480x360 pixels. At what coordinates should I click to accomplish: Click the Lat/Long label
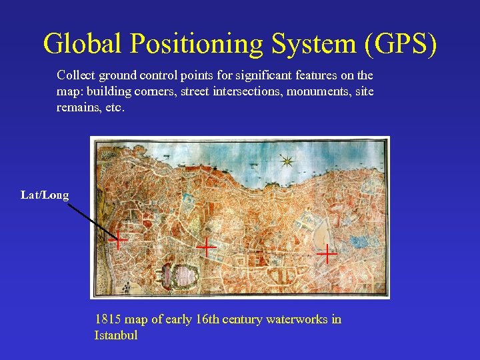pyautogui.click(x=45, y=195)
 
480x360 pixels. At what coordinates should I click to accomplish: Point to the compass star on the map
pyautogui.click(x=287, y=161)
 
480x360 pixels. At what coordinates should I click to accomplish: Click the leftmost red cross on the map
pyautogui.click(x=119, y=239)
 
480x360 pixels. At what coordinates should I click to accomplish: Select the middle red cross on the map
pyautogui.click(x=207, y=247)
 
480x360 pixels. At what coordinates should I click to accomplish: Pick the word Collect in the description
pyautogui.click(x=75, y=75)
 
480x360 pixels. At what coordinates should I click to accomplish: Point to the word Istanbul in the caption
pyautogui.click(x=116, y=335)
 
